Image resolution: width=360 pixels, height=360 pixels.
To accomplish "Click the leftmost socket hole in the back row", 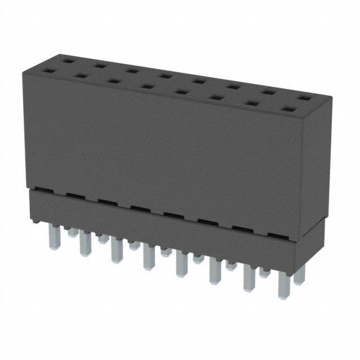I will [x=67, y=60].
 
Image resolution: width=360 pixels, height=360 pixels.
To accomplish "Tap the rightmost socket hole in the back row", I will [x=304, y=98].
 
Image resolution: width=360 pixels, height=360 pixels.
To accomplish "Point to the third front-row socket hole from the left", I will [x=114, y=81].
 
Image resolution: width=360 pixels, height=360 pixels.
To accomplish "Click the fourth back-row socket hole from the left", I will [x=165, y=75].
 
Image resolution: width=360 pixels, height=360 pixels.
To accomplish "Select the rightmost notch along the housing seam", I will [x=274, y=235].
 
